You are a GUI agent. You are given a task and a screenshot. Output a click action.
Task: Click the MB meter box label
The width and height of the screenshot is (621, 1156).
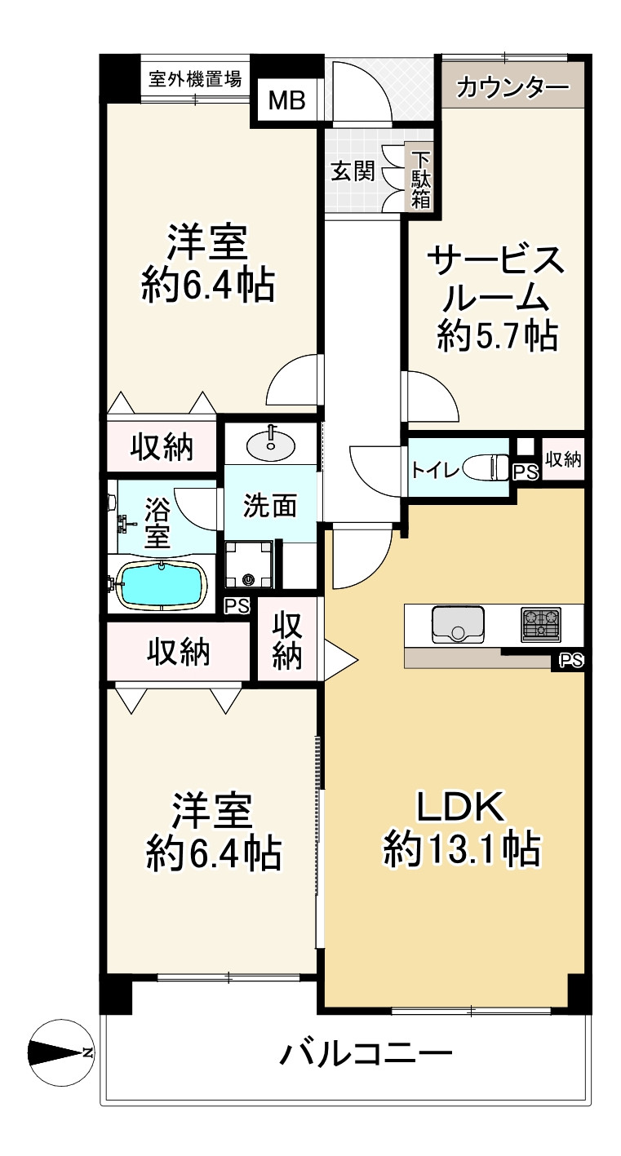(286, 100)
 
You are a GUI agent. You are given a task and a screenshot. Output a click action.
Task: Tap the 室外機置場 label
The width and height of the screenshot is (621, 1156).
(195, 79)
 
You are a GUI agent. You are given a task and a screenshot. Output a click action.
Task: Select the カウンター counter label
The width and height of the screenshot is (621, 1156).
(512, 86)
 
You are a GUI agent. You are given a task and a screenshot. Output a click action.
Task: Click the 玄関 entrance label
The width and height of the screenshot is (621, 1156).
(353, 171)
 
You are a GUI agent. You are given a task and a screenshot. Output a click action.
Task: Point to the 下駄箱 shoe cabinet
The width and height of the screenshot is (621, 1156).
(421, 179)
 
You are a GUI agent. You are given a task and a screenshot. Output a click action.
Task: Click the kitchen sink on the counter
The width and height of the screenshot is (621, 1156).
(457, 625)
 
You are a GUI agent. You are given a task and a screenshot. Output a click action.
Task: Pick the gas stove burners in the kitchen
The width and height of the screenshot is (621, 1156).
(541, 624)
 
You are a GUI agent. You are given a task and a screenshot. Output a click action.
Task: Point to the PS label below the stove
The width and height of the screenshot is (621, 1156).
(571, 661)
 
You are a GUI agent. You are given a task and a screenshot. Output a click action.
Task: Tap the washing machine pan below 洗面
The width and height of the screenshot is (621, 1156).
(251, 564)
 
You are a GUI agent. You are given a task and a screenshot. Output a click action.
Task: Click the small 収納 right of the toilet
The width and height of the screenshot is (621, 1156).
(563, 459)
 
